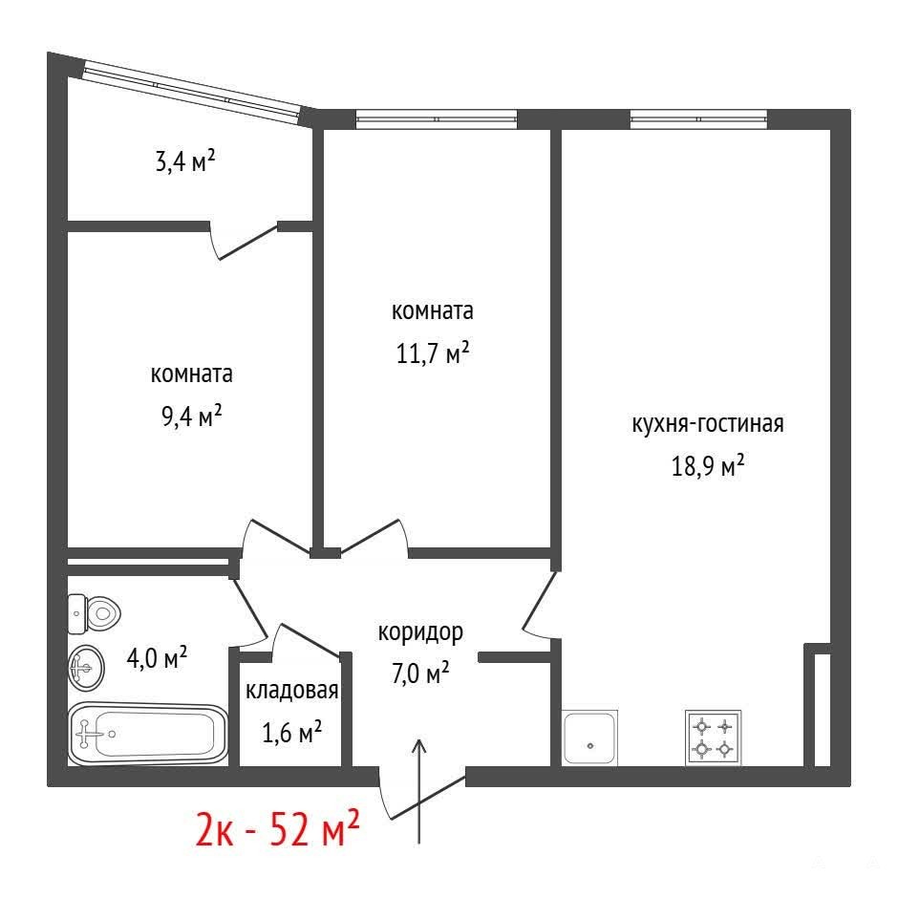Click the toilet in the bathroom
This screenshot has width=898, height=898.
(94, 614)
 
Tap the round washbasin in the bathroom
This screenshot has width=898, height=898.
(87, 668)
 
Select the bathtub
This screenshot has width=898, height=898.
(148, 734)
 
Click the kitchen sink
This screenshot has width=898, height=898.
(589, 738)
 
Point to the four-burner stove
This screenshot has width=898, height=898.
(713, 738)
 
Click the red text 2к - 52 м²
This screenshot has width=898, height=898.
(278, 828)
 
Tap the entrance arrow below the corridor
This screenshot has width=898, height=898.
(419, 791)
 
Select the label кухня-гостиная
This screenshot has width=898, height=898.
(708, 424)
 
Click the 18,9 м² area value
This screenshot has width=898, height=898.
(708, 465)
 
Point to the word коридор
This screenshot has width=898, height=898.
(420, 633)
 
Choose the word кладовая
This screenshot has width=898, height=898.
(291, 691)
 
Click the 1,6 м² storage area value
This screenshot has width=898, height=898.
(291, 732)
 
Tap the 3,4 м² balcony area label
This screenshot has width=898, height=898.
(185, 160)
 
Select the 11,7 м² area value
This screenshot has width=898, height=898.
(433, 353)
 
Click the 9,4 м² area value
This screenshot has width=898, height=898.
(191, 416)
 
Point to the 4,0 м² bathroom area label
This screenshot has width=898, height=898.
(157, 658)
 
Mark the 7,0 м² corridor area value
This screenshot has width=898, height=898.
(420, 673)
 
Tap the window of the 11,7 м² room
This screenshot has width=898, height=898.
(437, 119)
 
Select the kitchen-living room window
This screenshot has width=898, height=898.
(698, 119)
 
